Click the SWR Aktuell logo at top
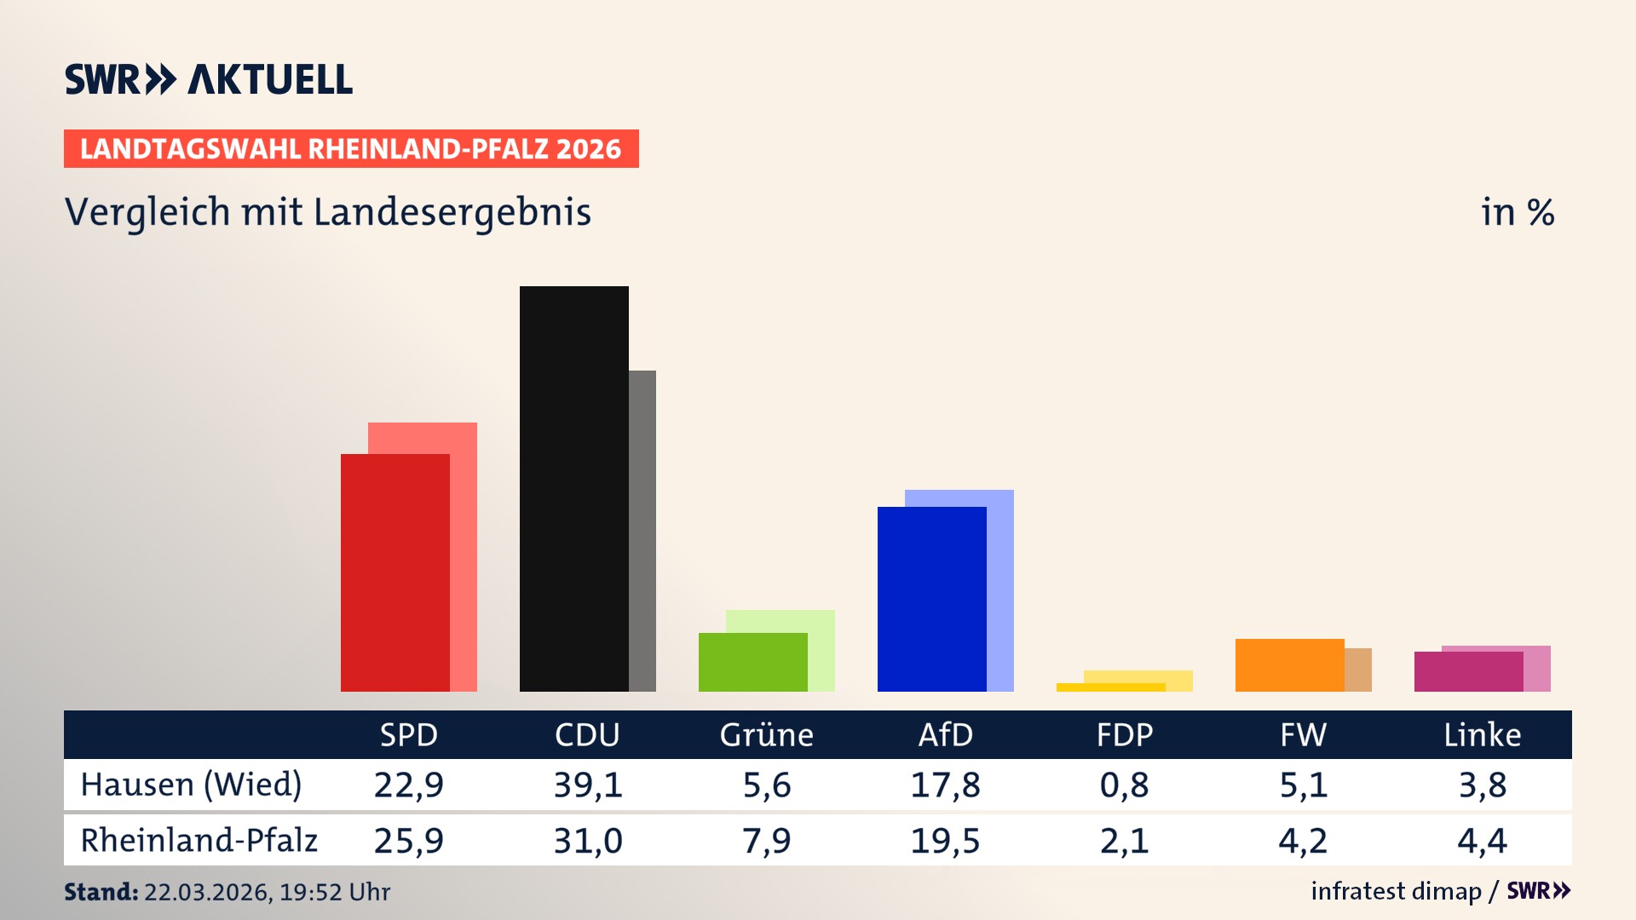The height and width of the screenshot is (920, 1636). (208, 79)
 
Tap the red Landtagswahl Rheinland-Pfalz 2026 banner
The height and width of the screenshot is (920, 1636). (350, 149)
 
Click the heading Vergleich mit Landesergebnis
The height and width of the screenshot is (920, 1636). (327, 212)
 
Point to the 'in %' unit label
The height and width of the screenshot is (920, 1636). (1517, 212)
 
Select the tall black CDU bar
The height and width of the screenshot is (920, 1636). (573, 488)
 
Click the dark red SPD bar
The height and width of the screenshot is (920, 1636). (395, 572)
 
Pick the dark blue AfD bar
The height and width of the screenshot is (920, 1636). (931, 599)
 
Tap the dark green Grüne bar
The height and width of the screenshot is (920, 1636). (752, 662)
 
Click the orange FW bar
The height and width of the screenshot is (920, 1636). (1289, 665)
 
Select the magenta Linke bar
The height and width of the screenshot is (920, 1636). (1468, 671)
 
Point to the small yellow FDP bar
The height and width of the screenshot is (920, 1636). (1110, 687)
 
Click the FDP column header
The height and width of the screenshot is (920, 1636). (1124, 735)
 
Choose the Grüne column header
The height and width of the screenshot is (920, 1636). (766, 735)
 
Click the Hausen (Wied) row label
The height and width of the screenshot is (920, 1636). (191, 785)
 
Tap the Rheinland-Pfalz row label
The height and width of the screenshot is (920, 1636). (199, 841)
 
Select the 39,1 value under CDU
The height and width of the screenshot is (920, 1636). (588, 785)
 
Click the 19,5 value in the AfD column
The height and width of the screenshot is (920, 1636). (945, 841)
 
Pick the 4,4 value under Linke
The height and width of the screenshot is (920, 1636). (1482, 841)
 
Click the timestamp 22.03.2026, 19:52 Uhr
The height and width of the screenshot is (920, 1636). (267, 892)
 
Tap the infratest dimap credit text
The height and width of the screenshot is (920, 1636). (1396, 891)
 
